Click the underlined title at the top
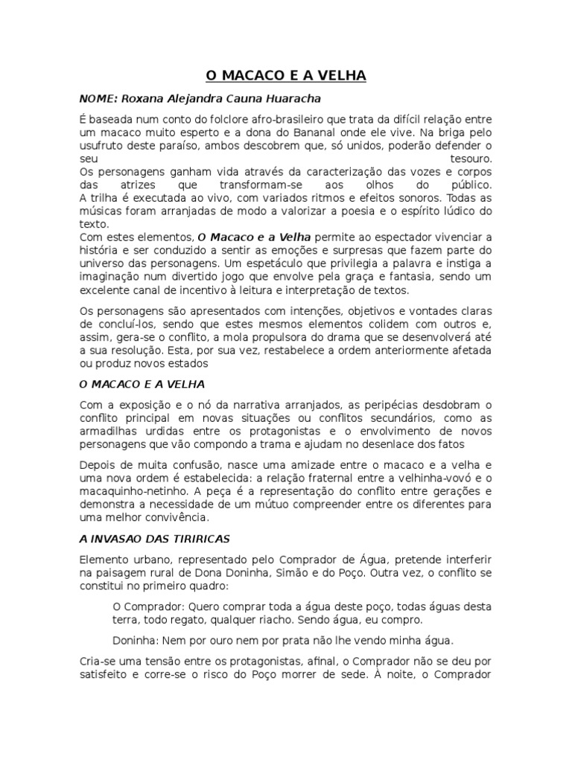pyautogui.click(x=286, y=77)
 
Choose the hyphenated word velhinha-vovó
pyautogui.click(x=428, y=478)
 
